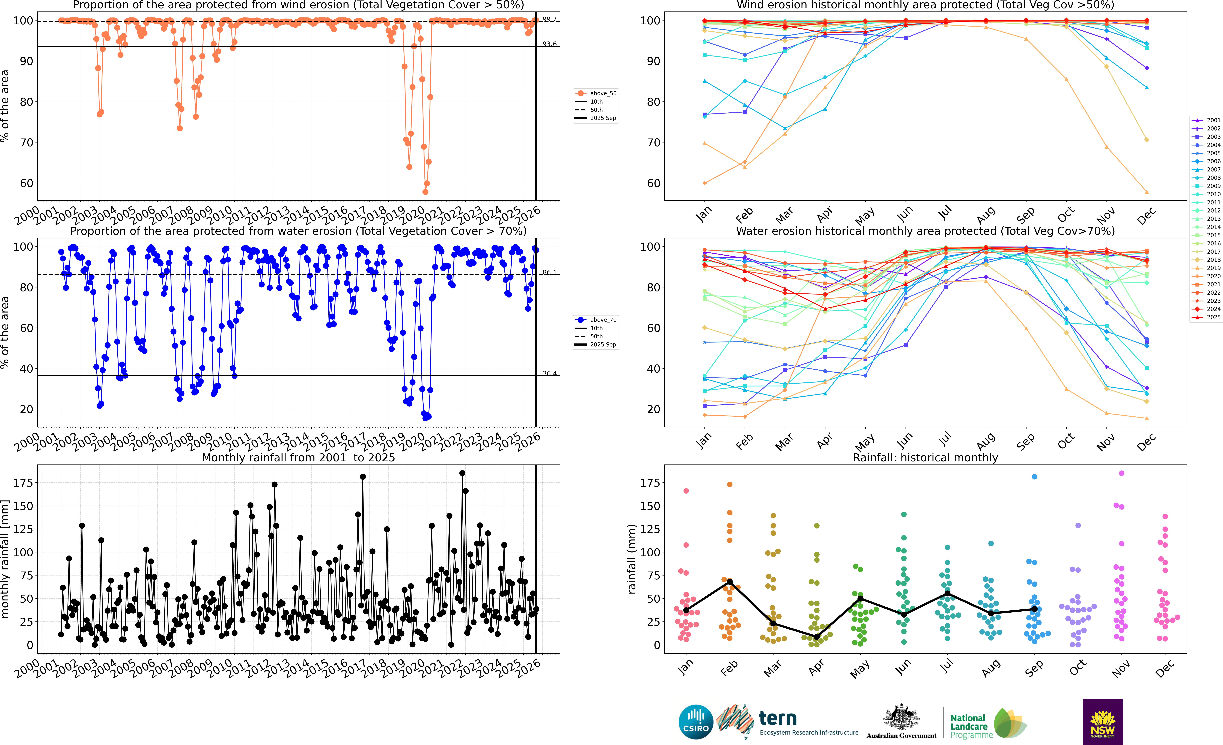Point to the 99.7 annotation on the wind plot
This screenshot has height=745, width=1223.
(549, 19)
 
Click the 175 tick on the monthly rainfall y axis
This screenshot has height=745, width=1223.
(23, 483)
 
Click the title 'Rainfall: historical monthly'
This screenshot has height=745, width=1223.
(925, 457)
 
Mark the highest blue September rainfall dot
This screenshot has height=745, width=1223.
(1034, 477)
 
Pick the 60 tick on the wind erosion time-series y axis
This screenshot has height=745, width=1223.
(26, 183)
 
